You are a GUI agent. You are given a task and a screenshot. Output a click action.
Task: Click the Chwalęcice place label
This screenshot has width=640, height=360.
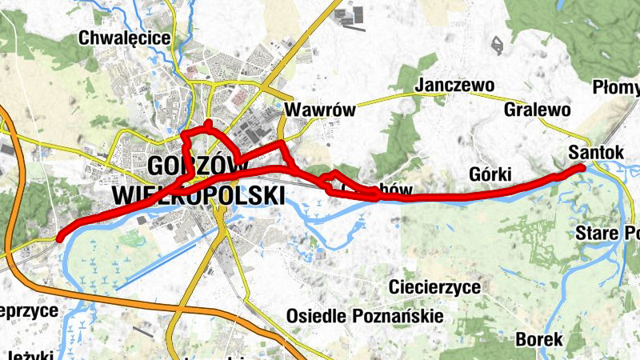(124, 38)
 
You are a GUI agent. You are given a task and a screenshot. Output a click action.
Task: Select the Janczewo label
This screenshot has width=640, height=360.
(455, 86)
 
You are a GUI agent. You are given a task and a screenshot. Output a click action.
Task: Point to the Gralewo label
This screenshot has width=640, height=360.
(537, 110)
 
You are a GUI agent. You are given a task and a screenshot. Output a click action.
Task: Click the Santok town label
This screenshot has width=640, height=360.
(595, 151)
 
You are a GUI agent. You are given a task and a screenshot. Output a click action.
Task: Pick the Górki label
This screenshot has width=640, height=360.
(490, 175)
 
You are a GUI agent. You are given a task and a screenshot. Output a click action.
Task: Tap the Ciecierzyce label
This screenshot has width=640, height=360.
(434, 287)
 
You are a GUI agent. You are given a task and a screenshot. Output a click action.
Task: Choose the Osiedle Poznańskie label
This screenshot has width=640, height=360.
(364, 316)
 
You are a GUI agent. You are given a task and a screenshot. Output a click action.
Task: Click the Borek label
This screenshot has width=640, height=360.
(539, 339)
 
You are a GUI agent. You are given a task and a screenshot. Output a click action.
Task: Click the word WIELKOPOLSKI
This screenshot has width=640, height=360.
(198, 195)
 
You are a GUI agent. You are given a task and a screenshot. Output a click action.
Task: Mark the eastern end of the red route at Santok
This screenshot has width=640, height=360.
(582, 166)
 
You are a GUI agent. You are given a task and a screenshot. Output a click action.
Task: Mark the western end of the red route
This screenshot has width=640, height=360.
(60, 235)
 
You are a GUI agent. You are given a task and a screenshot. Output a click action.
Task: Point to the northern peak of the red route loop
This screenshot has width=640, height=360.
(208, 123)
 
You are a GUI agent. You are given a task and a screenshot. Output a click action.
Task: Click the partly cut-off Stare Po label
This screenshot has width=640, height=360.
(608, 234)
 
